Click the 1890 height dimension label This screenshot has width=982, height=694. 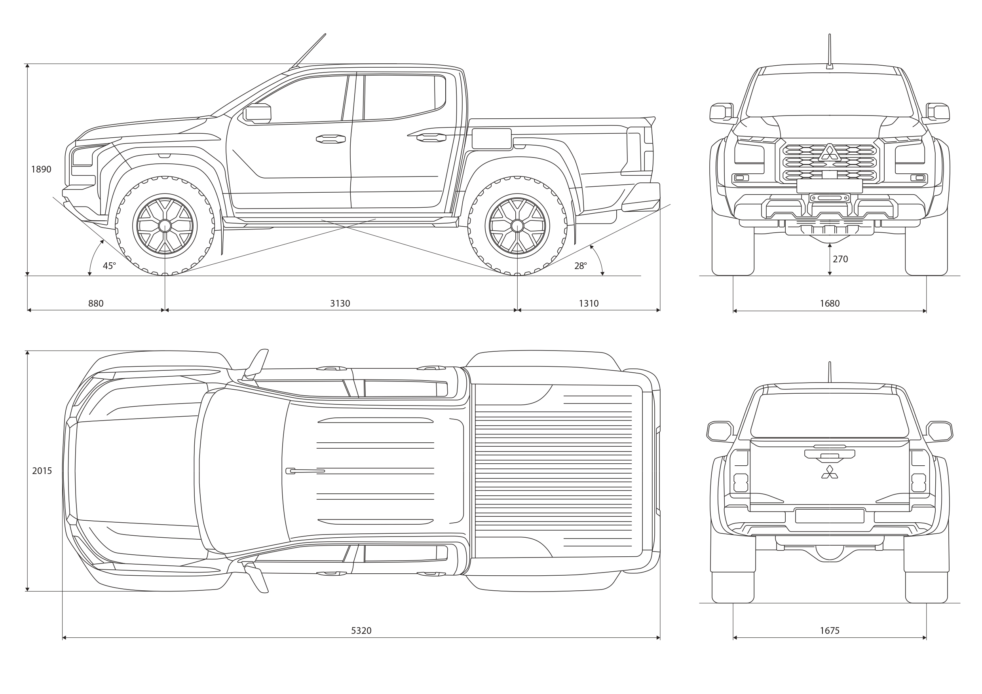(x=41, y=169)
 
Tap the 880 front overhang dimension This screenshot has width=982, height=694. (x=96, y=303)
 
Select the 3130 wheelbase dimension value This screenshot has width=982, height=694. (x=340, y=303)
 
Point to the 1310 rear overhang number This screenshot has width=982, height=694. (x=589, y=303)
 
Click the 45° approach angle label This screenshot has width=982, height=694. (x=109, y=266)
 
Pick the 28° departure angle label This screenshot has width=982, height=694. (x=580, y=266)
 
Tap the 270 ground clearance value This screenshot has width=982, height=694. (x=840, y=259)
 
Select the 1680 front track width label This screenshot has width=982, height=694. (x=830, y=303)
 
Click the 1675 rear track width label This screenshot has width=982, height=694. (x=830, y=631)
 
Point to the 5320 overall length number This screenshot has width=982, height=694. (x=361, y=631)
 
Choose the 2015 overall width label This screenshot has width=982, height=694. (x=42, y=471)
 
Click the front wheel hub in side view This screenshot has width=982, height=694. (x=165, y=226)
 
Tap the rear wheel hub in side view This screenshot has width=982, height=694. (x=517, y=226)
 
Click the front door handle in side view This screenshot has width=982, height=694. (x=330, y=138)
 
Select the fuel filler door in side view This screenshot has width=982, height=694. (x=492, y=138)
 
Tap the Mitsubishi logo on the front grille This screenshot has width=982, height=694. (x=829, y=153)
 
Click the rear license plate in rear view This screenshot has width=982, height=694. (x=830, y=516)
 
